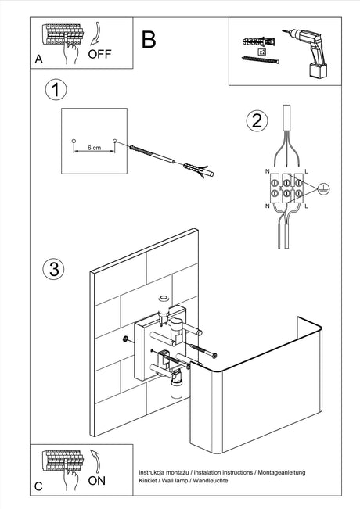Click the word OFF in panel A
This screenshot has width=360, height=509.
(99, 54)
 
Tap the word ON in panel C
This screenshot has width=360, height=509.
(97, 480)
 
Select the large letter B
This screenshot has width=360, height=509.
(149, 40)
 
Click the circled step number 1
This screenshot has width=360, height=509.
(56, 90)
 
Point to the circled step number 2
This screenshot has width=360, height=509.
(257, 120)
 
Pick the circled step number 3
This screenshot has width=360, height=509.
(54, 269)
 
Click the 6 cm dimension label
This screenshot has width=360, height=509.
(94, 148)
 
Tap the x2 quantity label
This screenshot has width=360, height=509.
(262, 52)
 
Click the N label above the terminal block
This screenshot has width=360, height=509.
(268, 171)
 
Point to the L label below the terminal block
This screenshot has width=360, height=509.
(306, 206)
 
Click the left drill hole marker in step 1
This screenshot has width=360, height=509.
(74, 142)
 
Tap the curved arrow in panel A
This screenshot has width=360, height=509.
(96, 34)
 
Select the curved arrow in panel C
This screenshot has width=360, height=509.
(96, 461)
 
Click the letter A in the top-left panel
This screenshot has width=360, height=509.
(38, 59)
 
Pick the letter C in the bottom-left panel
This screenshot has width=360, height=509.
(38, 486)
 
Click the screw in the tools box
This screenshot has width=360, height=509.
(261, 59)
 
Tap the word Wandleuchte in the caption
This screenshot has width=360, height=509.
(211, 480)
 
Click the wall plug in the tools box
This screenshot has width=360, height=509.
(258, 42)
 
